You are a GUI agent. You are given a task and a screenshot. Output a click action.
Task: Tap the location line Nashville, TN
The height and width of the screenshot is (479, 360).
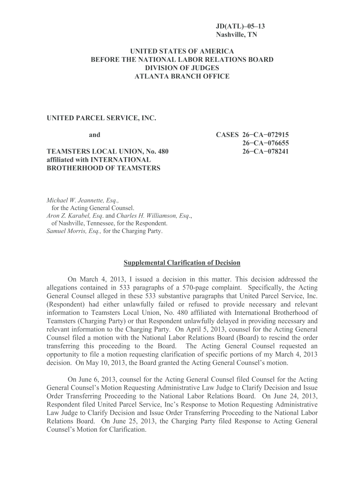[x=236, y=35]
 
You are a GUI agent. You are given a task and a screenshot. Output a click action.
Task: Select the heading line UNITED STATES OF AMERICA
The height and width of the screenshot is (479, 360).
[x=181, y=51]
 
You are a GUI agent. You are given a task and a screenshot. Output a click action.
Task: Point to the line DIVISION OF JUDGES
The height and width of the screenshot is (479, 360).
[x=182, y=68]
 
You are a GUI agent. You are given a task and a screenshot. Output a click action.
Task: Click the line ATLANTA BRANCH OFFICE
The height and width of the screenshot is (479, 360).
[x=182, y=76]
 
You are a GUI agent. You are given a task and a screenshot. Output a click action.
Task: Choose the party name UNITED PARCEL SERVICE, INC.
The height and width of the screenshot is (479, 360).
[x=101, y=119]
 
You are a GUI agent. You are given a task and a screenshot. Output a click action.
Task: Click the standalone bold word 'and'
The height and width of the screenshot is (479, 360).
[x=94, y=135]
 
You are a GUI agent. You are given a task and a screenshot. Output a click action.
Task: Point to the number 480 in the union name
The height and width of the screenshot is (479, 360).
[x=162, y=151]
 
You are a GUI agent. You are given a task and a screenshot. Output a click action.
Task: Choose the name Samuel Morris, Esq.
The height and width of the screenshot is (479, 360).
[x=73, y=231]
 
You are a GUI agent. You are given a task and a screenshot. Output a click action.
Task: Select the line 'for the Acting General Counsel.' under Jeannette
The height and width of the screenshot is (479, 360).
[x=93, y=208]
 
